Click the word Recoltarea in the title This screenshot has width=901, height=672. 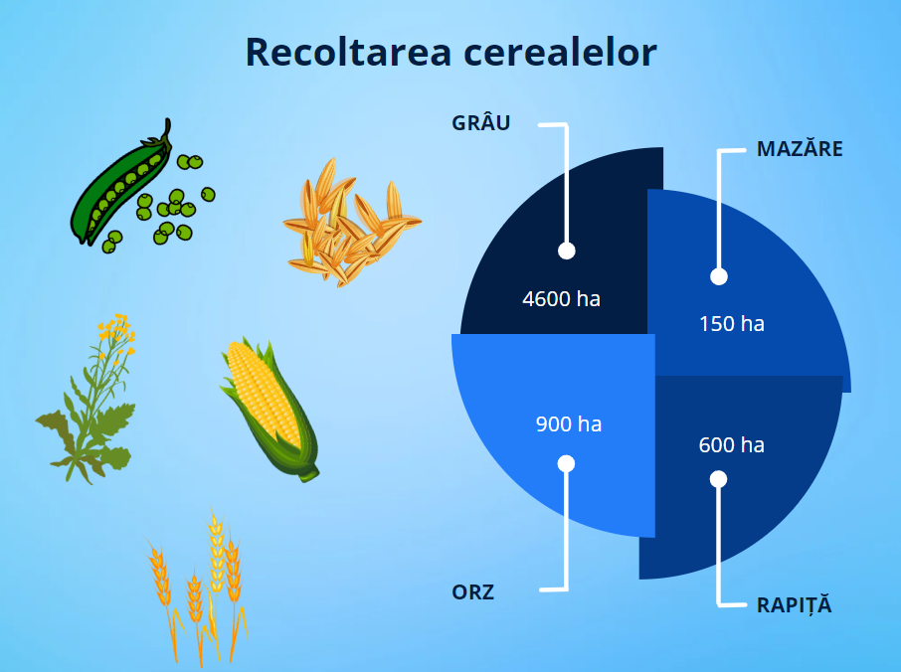coord(348,53)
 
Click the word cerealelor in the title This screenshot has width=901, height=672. coord(560,53)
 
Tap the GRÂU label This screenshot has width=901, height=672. coord(481,122)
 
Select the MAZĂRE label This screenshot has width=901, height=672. coord(800,149)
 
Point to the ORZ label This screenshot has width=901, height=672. coord(473,592)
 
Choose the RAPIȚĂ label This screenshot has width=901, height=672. coord(795,605)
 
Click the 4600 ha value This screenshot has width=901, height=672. coord(562,298)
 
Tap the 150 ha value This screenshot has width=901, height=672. coord(732,323)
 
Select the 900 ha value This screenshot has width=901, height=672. coord(569,423)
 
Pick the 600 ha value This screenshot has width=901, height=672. coord(732,444)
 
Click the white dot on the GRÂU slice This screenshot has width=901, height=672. coord(567,251)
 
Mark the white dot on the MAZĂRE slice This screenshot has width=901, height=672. coord(719,276)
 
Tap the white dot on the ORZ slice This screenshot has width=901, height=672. coord(566,463)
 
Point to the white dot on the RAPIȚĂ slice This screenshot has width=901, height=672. coord(718,479)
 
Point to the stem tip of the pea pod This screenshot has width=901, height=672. coord(168,120)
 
